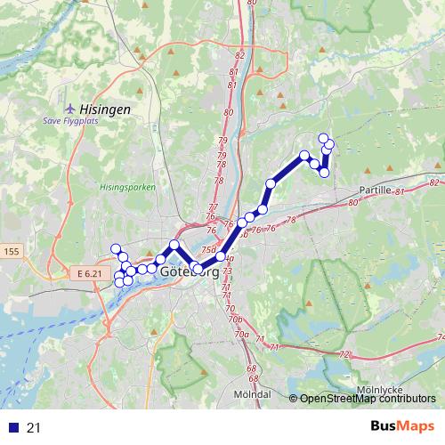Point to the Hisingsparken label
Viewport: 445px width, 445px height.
(127, 188)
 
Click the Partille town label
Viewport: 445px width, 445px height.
(381, 190)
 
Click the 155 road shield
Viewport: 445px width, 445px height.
(12, 253)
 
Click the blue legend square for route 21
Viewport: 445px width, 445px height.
(11, 428)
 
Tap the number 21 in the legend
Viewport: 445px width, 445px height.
(34, 428)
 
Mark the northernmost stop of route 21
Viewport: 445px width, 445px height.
(324, 138)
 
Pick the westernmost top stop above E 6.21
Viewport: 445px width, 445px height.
(115, 248)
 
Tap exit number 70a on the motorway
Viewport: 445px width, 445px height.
(241, 334)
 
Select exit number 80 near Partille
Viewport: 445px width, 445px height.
(352, 203)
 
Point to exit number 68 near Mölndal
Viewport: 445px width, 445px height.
(252, 368)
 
